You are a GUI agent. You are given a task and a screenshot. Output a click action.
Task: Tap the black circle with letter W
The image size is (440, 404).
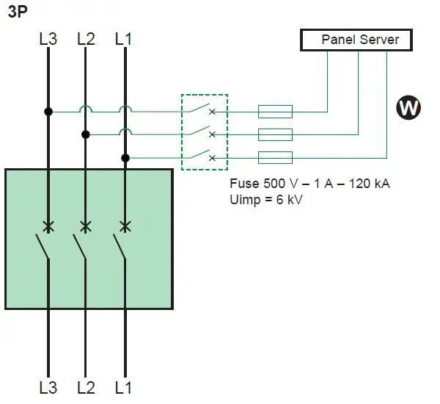tap(409, 108)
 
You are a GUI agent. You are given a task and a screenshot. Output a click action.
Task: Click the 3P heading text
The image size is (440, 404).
tap(18, 12)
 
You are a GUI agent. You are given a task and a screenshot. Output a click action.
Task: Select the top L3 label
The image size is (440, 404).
tap(48, 40)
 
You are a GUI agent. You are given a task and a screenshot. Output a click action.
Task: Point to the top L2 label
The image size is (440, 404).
tap(86, 40)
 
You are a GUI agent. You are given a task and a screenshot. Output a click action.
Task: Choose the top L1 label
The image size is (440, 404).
tap(124, 40)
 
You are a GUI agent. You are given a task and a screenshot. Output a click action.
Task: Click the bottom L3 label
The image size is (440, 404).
tap(48, 386)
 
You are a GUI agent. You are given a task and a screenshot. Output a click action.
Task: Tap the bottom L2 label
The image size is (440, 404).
tap(86, 386)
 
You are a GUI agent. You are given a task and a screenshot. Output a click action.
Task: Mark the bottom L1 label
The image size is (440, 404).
tap(124, 386)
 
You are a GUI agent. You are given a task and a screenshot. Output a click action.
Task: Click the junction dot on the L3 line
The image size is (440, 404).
tap(48, 112)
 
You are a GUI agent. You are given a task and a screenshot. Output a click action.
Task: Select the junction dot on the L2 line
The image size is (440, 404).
tap(86, 134)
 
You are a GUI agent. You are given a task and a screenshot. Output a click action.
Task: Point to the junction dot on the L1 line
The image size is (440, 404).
tap(125, 157)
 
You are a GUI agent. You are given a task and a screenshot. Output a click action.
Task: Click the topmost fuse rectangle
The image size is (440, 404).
tap(275, 112)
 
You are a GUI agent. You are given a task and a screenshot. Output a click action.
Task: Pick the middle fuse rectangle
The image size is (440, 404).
tap(275, 134)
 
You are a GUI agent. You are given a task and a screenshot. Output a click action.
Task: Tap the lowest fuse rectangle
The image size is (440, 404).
tap(275, 157)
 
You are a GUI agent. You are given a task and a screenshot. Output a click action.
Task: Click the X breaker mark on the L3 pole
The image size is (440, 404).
tap(48, 226)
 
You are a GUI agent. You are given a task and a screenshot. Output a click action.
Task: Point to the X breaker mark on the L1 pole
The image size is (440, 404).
tap(125, 226)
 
